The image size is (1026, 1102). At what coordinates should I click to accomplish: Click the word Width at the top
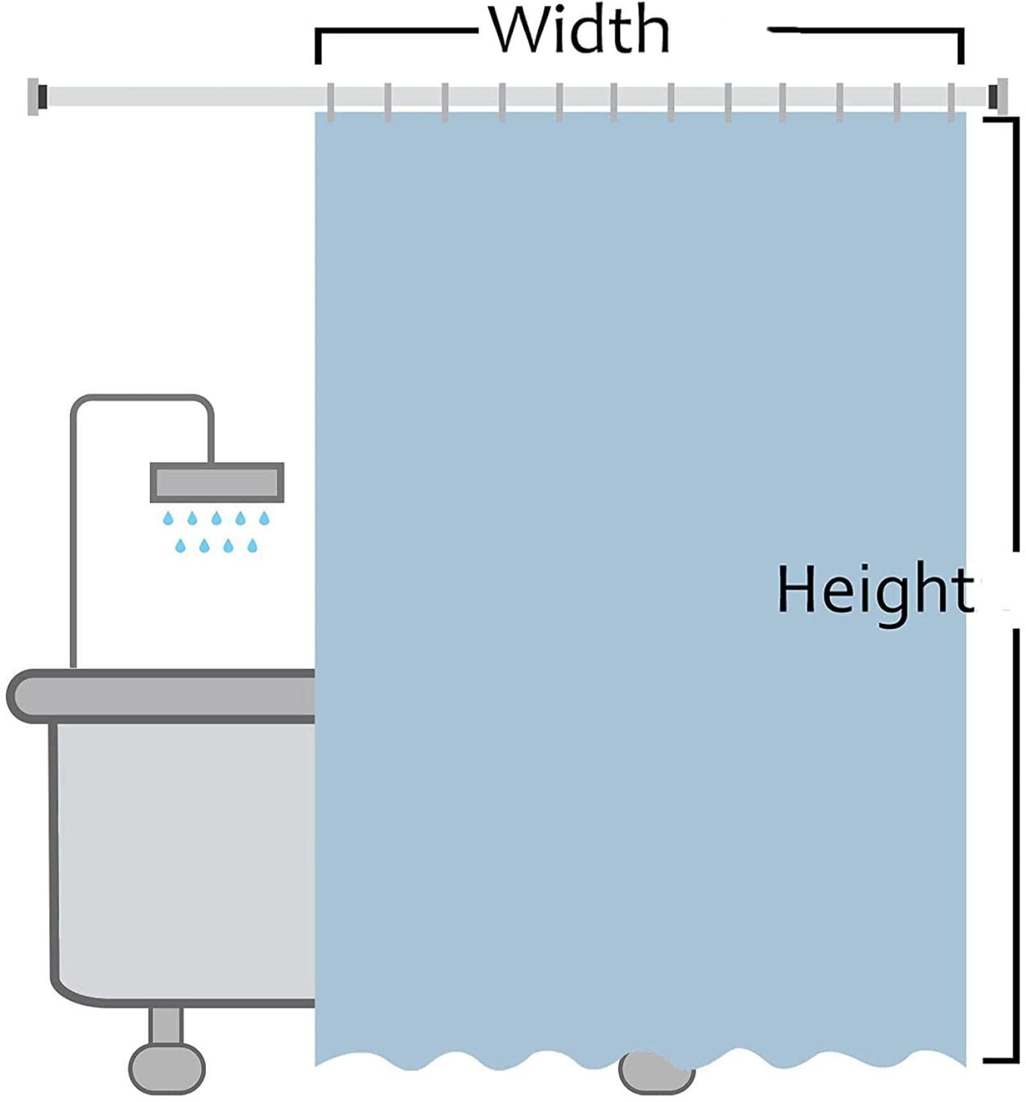(x=579, y=31)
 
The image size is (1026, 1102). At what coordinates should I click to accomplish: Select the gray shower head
(x=217, y=482)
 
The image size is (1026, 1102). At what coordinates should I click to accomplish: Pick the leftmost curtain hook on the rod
(x=331, y=102)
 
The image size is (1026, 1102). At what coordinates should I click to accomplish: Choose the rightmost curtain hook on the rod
(x=952, y=102)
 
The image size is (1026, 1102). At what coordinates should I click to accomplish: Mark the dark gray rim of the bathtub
(x=160, y=696)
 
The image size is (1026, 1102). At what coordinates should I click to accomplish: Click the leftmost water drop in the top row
(x=168, y=518)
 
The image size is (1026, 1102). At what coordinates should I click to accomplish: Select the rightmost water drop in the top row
(x=264, y=518)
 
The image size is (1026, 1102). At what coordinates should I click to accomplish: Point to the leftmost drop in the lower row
(x=180, y=546)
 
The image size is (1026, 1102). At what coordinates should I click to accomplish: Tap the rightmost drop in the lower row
(x=253, y=546)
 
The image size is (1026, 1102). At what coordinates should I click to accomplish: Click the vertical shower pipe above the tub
(x=74, y=545)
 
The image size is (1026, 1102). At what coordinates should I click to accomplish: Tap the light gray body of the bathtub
(x=180, y=859)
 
